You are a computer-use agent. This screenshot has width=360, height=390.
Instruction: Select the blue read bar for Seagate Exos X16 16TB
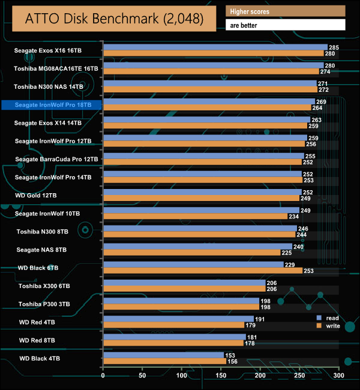click(x=215, y=47)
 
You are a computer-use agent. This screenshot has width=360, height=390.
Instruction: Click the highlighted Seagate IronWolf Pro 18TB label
click(x=53, y=105)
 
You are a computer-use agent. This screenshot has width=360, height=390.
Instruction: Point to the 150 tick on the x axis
click(x=221, y=376)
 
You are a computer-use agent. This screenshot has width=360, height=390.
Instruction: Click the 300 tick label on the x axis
click(x=338, y=376)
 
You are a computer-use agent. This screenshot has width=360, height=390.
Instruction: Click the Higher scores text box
click(x=286, y=11)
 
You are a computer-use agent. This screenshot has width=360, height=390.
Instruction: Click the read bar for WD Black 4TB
click(x=163, y=356)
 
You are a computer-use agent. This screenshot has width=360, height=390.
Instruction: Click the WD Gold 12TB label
click(x=37, y=196)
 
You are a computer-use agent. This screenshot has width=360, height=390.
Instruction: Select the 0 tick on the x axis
click(x=103, y=376)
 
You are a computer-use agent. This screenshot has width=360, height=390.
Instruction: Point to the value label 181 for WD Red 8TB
click(x=251, y=337)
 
